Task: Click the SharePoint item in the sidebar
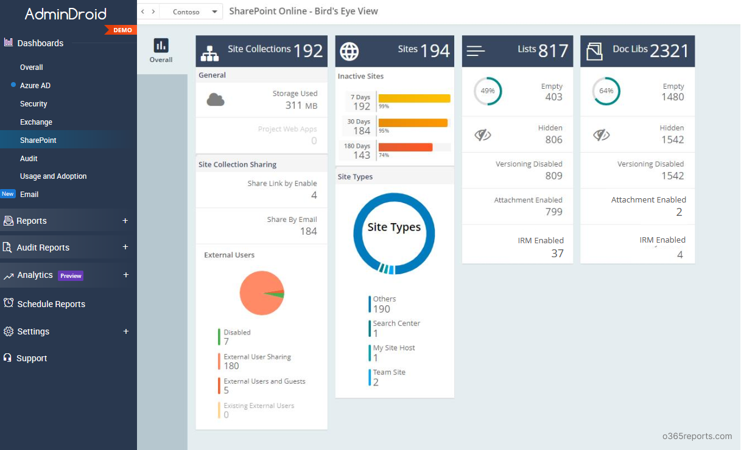(38, 140)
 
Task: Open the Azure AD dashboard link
(35, 86)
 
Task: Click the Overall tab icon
(161, 46)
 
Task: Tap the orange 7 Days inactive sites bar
(414, 99)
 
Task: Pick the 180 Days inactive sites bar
(405, 147)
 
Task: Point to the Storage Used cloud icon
(216, 100)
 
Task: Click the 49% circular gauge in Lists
(488, 91)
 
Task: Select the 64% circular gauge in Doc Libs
(606, 91)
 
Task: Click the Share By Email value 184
(308, 231)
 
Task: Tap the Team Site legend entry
(388, 377)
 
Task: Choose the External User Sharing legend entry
(256, 361)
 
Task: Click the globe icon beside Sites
(349, 51)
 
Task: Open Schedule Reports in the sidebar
(51, 304)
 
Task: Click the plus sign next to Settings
(126, 331)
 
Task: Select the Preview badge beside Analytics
(71, 275)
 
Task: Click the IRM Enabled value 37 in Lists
(557, 254)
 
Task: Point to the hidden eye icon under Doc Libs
(602, 135)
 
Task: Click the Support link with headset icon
(31, 358)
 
